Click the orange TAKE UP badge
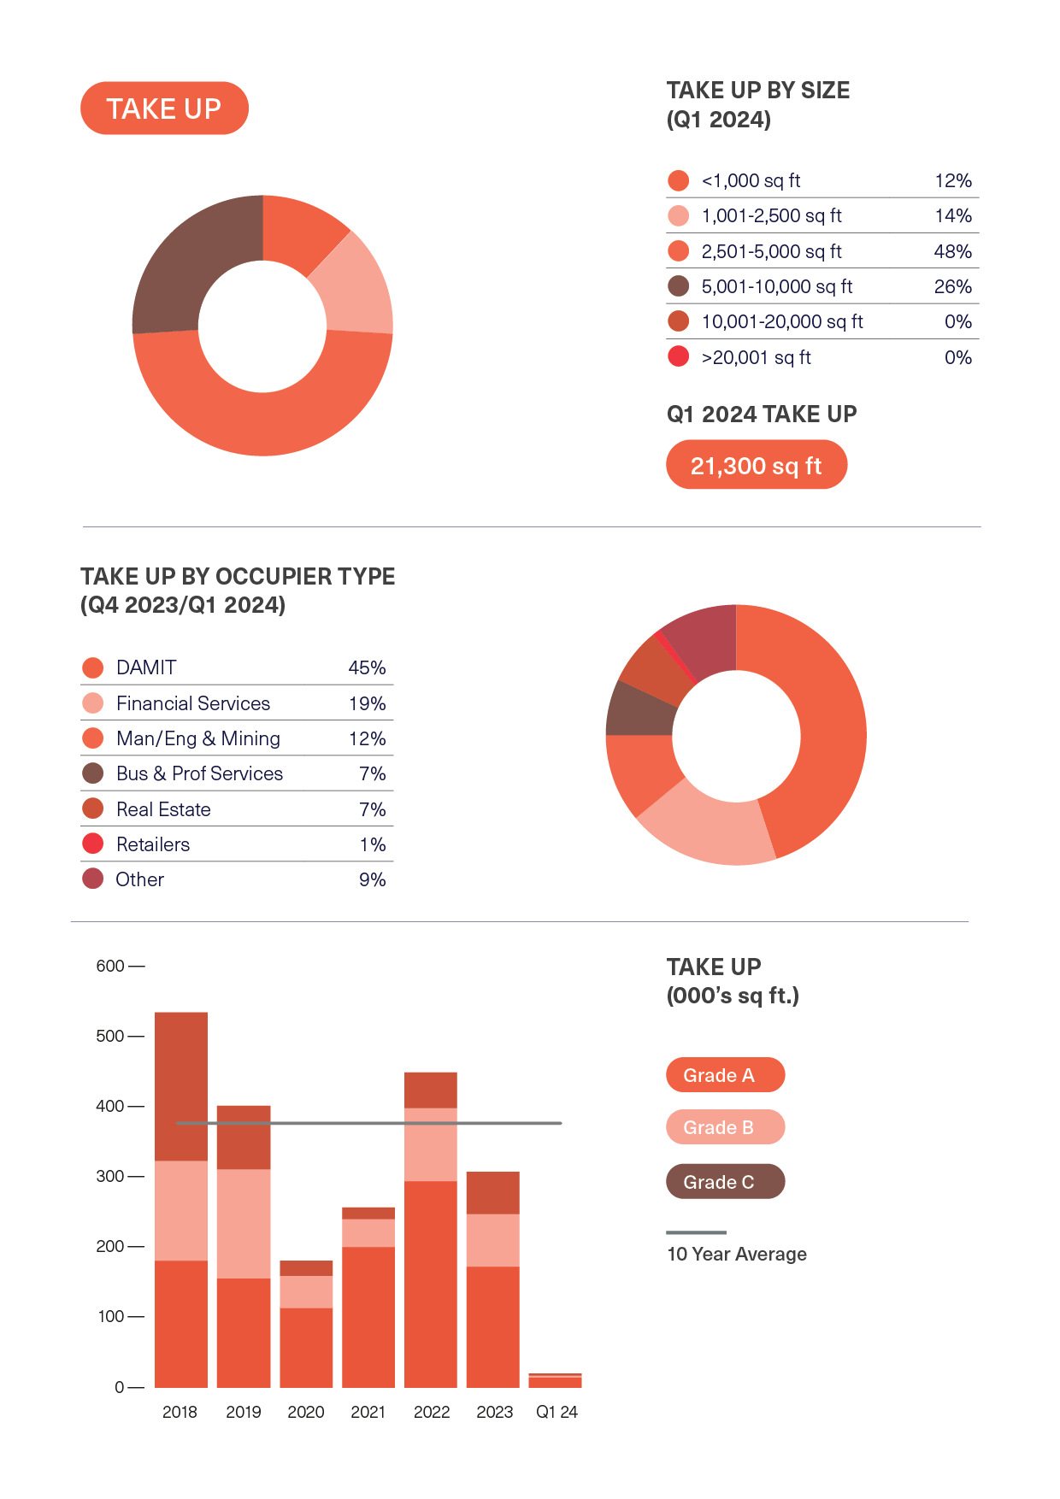click(x=164, y=109)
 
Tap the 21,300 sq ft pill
click(x=756, y=466)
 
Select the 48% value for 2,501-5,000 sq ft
click(x=952, y=252)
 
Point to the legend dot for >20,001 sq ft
click(x=678, y=356)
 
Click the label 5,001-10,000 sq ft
click(x=776, y=287)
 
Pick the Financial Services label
click(x=193, y=703)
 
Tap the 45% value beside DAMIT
click(x=367, y=668)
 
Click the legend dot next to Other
click(x=92, y=879)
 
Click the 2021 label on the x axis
click(x=368, y=1412)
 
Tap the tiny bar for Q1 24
click(x=555, y=1381)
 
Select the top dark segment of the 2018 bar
click(x=181, y=1085)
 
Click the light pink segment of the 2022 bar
click(x=431, y=1145)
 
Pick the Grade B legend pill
click(x=725, y=1127)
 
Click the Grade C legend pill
click(x=725, y=1182)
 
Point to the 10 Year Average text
click(x=736, y=1255)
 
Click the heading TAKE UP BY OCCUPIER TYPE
click(x=238, y=577)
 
